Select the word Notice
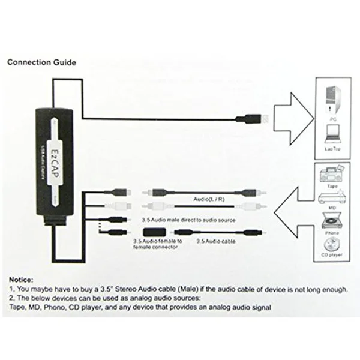click(x=20, y=280)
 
